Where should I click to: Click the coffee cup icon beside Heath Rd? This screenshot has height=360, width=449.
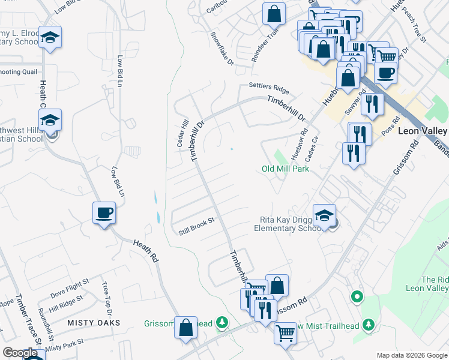pyautogui.click(x=104, y=212)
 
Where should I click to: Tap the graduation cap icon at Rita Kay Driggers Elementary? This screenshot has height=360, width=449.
pyautogui.click(x=324, y=215)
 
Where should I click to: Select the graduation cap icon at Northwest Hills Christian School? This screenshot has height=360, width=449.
pyautogui.click(x=51, y=119)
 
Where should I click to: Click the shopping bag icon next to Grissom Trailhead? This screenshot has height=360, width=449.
pyautogui.click(x=186, y=328)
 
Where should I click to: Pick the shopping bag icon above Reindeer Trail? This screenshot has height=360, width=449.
pyautogui.click(x=274, y=13)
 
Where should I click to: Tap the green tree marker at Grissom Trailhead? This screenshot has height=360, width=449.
pyautogui.click(x=222, y=323)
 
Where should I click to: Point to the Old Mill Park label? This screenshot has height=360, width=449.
pyautogui.click(x=285, y=169)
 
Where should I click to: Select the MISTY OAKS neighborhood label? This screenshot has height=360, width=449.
pyautogui.click(x=94, y=323)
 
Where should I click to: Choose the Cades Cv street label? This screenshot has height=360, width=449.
pyautogui.click(x=312, y=147)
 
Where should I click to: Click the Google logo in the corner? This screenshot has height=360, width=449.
pyautogui.click(x=20, y=353)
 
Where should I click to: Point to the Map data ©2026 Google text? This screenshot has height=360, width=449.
pyautogui.click(x=411, y=355)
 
